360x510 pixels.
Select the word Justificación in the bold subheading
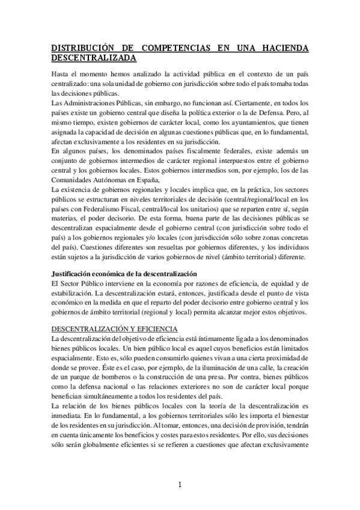coord(74,274)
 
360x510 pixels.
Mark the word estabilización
coord(74,292)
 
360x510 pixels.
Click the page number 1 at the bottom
coord(180,485)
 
